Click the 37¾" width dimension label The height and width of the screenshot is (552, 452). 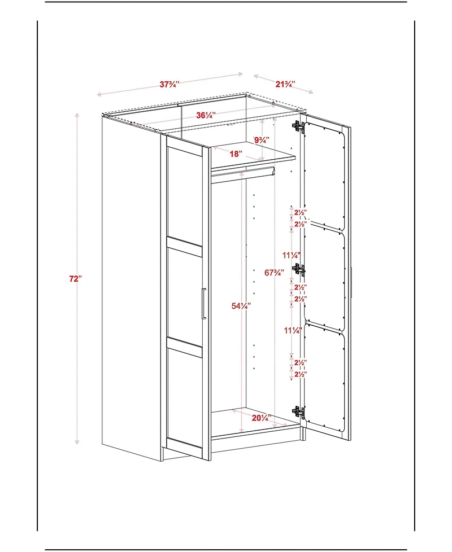point(169,85)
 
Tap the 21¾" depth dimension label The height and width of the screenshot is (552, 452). point(285,84)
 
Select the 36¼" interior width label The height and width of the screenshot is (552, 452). point(205,116)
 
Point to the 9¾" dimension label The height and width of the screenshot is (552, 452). point(261,140)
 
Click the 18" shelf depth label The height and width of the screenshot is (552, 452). point(236,154)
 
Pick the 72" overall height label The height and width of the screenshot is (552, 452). point(76,279)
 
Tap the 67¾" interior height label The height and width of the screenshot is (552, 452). point(274,273)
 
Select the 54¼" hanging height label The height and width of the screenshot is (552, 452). point(241,306)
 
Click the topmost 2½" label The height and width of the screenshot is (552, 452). point(300,212)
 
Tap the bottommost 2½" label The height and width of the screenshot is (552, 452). point(300,374)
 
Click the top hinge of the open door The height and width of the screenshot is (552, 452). point(298,126)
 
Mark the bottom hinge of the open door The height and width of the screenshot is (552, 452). point(298,412)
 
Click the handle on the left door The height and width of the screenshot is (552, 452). point(203,304)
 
